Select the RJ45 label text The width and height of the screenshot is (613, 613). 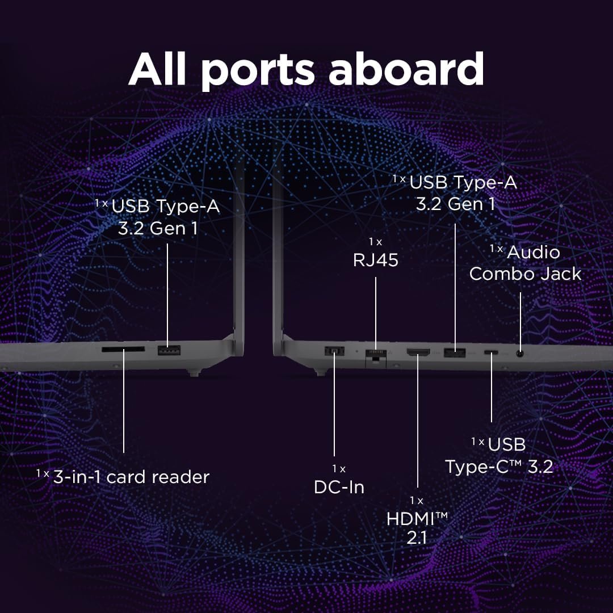coord(375,260)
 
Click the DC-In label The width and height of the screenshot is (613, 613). coord(339,486)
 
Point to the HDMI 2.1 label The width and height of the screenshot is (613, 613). coord(417,527)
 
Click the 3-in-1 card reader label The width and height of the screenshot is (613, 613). coord(131,477)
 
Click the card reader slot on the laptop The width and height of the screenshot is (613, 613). coord(123,350)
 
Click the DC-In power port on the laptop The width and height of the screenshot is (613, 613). coord(334,352)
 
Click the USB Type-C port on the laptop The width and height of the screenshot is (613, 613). coord(492,353)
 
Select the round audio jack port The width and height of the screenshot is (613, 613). coord(520,353)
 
